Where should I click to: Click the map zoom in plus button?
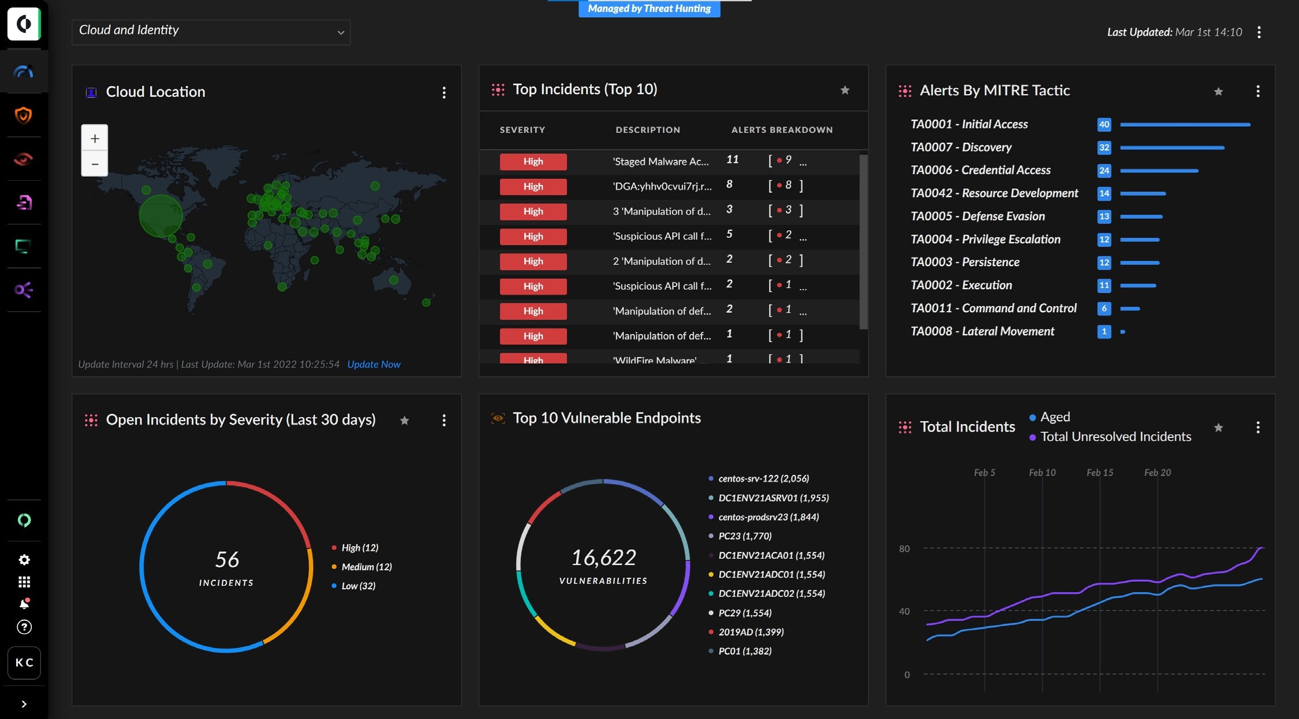coord(95,138)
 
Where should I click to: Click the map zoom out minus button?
coord(95,164)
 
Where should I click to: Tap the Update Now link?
coord(374,364)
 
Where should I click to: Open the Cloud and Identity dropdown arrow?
coord(341,33)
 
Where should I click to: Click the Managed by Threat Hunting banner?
coord(649,9)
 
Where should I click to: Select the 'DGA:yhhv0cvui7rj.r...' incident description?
coord(662,186)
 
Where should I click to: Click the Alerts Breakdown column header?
coord(782,130)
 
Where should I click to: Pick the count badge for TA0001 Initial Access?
coord(1104,124)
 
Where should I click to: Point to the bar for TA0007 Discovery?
coord(1171,148)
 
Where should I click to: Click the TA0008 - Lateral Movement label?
coord(982,331)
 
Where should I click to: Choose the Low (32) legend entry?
coord(358,586)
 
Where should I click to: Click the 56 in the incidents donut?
coord(227,559)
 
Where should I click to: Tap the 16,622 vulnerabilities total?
coord(603,557)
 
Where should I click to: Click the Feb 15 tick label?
coord(1099,473)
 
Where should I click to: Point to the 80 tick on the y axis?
coord(904,549)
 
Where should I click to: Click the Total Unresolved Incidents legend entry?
coord(1115,437)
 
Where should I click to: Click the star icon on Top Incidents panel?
coord(845,90)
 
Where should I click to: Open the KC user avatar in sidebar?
coord(24,662)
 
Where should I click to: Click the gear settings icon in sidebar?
coord(24,560)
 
